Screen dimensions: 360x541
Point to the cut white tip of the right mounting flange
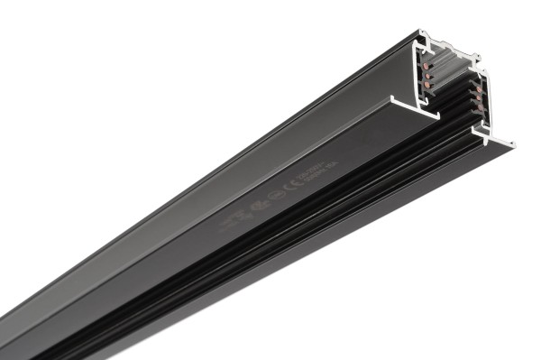click(511, 143)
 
